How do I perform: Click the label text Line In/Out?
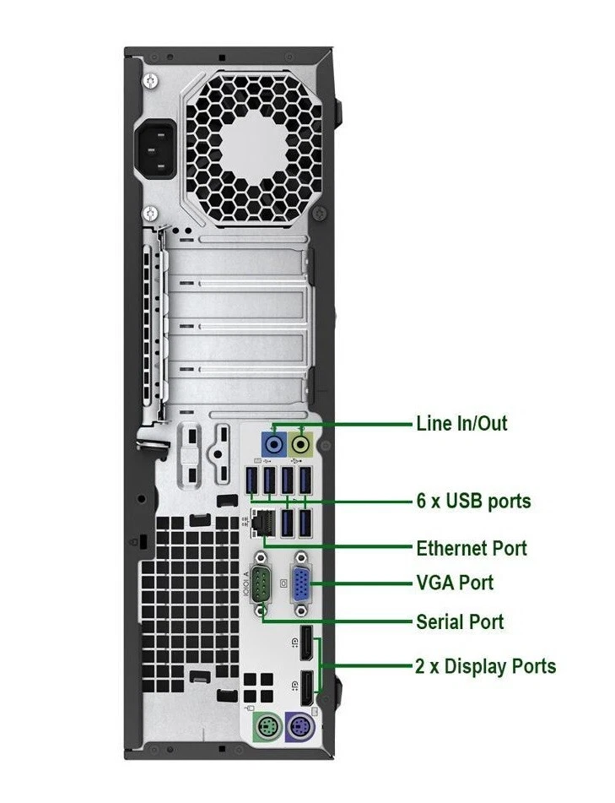(x=461, y=423)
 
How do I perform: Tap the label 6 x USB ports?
(x=473, y=502)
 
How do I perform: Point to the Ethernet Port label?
(x=471, y=549)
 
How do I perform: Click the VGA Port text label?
(x=455, y=583)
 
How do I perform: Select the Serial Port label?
(x=460, y=622)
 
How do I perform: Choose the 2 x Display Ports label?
(x=485, y=666)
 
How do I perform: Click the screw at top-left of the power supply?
(x=150, y=82)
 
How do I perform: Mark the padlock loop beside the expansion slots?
(x=149, y=439)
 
